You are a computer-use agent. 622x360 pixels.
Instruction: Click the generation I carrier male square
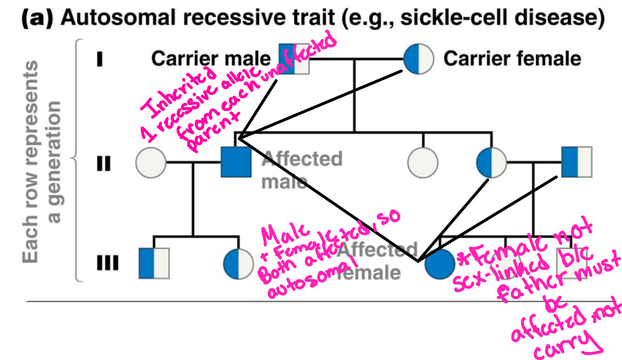[x=294, y=59]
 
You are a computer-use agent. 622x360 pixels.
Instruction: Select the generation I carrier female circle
[x=418, y=59]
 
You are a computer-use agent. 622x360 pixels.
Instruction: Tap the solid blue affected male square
[x=236, y=162]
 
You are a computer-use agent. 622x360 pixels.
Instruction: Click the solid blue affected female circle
[x=440, y=264]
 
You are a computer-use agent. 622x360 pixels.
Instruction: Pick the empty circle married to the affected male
[x=151, y=163]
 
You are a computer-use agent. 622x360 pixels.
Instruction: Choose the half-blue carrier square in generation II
[x=577, y=162]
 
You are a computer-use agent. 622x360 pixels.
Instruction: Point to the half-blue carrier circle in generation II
[x=491, y=163]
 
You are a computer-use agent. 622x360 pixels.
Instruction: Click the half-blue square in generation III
[x=154, y=263]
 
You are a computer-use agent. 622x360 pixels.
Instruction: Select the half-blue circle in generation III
[x=238, y=264]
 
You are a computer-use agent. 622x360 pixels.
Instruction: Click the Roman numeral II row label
[x=104, y=163]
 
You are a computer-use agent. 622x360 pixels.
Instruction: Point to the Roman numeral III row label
[x=107, y=263]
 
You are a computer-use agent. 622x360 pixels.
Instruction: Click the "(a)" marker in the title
[x=37, y=18]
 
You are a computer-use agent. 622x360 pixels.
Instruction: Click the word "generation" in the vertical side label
[x=54, y=162]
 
